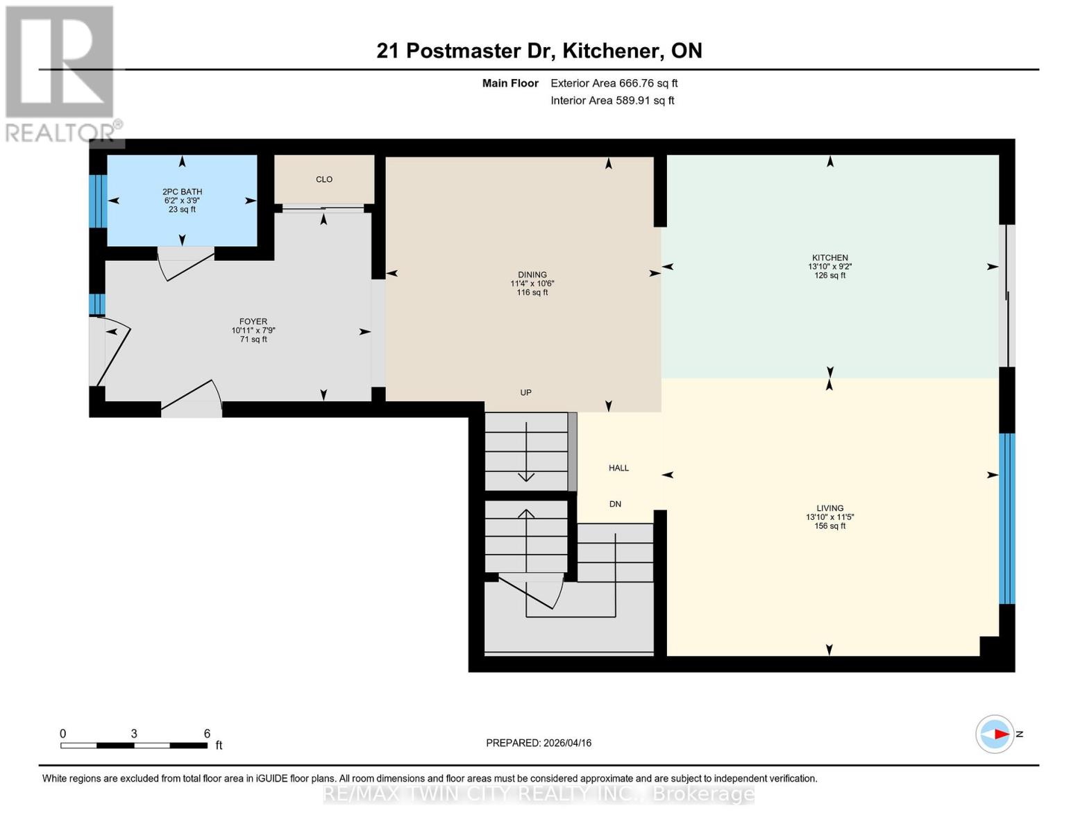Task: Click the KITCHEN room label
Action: tap(829, 258)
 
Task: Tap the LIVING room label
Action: tap(829, 508)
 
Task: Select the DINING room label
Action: tap(532, 275)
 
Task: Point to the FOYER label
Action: tap(253, 321)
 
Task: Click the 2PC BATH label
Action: tap(182, 192)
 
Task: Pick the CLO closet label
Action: tap(324, 179)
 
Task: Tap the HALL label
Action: tap(618, 468)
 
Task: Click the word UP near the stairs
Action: tap(526, 392)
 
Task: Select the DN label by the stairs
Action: tap(615, 504)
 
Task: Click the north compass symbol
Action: tap(995, 734)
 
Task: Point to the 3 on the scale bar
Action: tap(134, 734)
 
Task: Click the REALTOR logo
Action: tap(61, 73)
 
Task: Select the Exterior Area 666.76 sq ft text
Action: tap(614, 83)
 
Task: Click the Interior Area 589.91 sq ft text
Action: tap(612, 101)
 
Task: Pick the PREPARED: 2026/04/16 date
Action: tap(539, 743)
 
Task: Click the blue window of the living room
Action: tap(1007, 519)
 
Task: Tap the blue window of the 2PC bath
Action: tap(98, 201)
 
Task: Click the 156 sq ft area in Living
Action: tap(829, 526)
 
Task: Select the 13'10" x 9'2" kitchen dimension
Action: tap(829, 267)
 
